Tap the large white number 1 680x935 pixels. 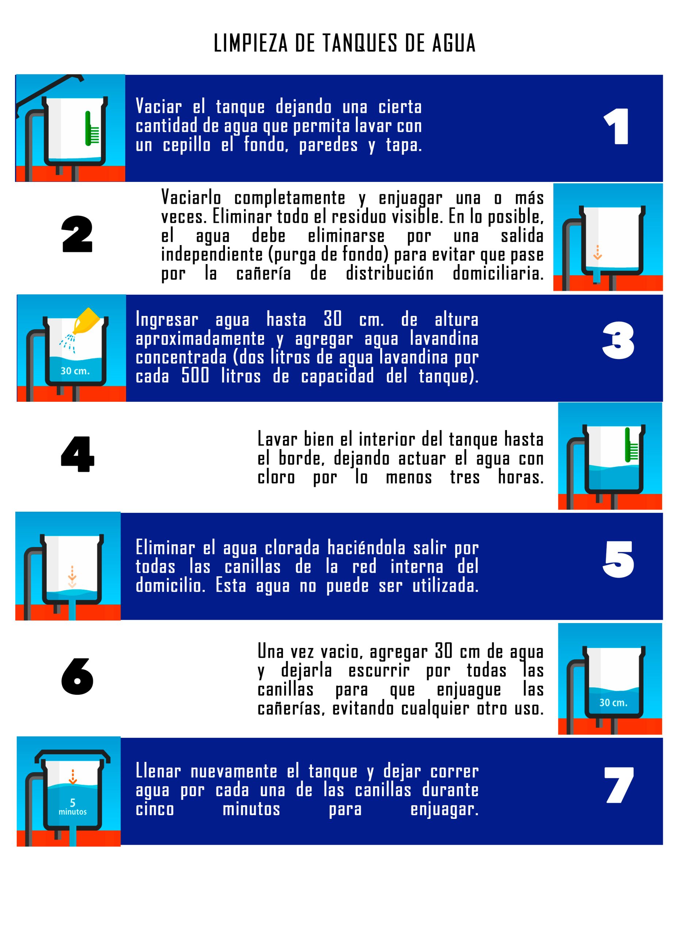(x=617, y=127)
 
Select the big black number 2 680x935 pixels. (x=77, y=234)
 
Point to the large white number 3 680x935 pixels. (x=618, y=340)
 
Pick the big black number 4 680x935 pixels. (x=77, y=454)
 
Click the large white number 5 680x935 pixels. (x=618, y=560)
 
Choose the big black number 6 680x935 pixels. (x=77, y=676)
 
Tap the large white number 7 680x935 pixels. (x=619, y=785)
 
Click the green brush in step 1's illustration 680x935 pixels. (x=92, y=129)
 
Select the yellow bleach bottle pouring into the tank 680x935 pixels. (x=86, y=320)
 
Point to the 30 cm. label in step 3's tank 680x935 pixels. (x=75, y=371)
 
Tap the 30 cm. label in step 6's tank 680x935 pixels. (x=614, y=702)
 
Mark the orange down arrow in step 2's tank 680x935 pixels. (x=597, y=252)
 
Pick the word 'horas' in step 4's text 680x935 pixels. (x=521, y=477)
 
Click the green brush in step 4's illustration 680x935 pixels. (x=631, y=444)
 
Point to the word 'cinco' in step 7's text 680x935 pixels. (x=155, y=809)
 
